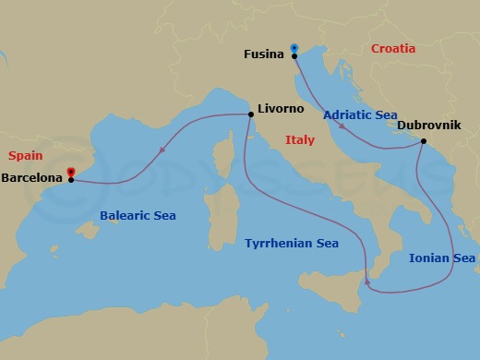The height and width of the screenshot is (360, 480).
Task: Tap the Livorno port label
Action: pyautogui.click(x=281, y=109)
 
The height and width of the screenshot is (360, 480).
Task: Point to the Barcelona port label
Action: pyautogui.click(x=32, y=177)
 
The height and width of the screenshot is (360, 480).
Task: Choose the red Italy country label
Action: pyautogui.click(x=300, y=140)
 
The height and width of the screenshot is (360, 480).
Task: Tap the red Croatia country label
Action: pyautogui.click(x=393, y=48)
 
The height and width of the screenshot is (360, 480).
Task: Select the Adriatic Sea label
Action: pyautogui.click(x=360, y=115)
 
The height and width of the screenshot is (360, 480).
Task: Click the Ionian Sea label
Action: pyautogui.click(x=442, y=258)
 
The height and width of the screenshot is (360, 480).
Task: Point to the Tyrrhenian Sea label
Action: pyautogui.click(x=292, y=244)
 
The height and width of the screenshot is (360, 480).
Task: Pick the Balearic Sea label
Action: pyautogui.click(x=138, y=216)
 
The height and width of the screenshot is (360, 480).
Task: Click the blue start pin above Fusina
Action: pyautogui.click(x=294, y=48)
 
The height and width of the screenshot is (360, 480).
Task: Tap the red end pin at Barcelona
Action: pyautogui.click(x=71, y=172)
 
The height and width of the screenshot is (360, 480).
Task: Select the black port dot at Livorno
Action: pyautogui.click(x=251, y=114)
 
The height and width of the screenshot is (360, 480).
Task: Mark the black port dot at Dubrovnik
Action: pyautogui.click(x=423, y=141)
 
